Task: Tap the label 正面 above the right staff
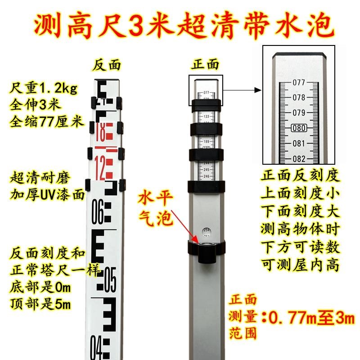click(205, 65)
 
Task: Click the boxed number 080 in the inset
click(299, 128)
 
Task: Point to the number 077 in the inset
click(299, 82)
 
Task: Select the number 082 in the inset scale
click(299, 158)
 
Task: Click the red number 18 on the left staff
click(103, 133)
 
